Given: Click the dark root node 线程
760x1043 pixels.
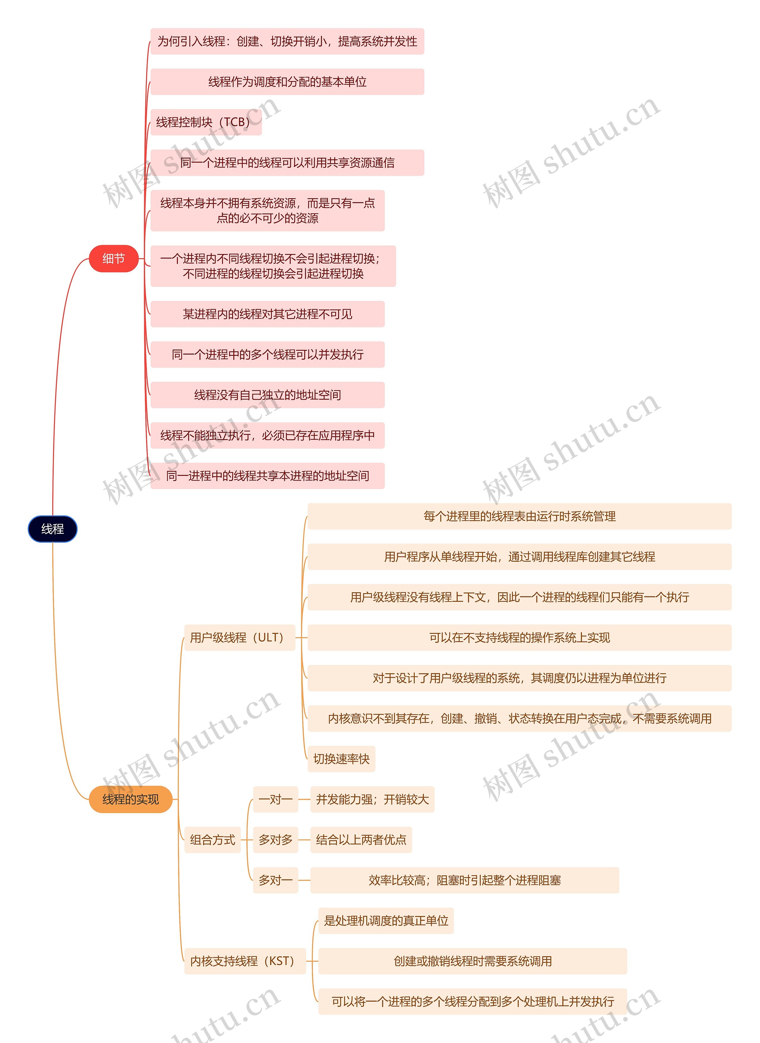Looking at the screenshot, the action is tap(53, 529).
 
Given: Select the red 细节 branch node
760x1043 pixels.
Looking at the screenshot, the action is tap(114, 258).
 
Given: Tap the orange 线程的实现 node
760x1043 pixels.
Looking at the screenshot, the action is tap(131, 799).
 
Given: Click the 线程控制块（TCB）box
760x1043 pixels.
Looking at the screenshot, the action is tap(206, 122).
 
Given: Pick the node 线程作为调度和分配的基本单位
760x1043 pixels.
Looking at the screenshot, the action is tap(287, 82).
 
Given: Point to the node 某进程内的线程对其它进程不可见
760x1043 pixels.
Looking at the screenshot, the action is tap(267, 314).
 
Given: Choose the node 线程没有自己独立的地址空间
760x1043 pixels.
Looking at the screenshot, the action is tap(267, 395).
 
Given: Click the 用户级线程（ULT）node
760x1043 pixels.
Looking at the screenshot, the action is tap(239, 637).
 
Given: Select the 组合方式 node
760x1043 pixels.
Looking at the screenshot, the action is tap(213, 840).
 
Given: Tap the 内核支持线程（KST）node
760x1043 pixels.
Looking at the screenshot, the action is tap(245, 961).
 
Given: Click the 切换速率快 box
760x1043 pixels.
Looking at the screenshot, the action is tap(341, 759).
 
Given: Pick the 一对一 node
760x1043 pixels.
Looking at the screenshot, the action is tap(275, 799).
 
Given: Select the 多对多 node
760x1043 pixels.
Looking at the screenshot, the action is tap(275, 840).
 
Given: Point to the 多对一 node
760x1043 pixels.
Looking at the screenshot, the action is tap(275, 880).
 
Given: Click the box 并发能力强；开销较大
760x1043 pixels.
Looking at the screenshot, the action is tap(372, 799).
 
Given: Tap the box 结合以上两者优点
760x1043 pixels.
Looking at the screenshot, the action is tap(361, 840).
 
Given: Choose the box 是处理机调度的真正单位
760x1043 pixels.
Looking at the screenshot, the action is tap(386, 921).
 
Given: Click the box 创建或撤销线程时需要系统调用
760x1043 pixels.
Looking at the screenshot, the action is tap(472, 961).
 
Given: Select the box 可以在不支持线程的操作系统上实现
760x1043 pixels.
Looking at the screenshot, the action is tap(520, 637).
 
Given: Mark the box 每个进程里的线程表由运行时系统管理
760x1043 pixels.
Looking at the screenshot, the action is tap(520, 516).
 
